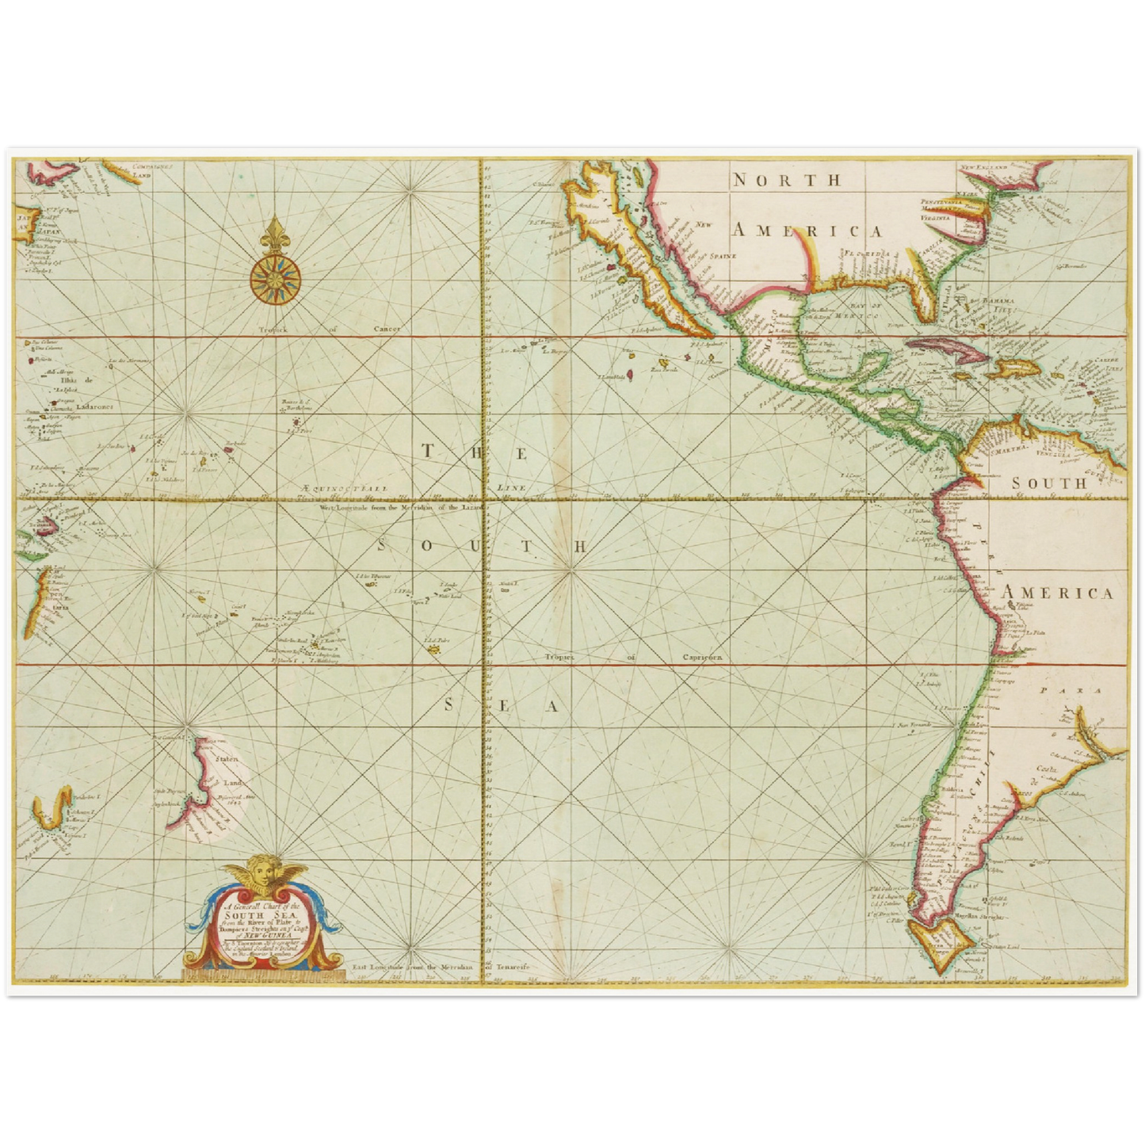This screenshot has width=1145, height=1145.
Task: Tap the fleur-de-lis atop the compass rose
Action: click(275, 232)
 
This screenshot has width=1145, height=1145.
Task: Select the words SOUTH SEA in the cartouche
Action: click(262, 918)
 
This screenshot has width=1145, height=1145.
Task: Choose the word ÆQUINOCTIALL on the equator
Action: click(344, 490)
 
